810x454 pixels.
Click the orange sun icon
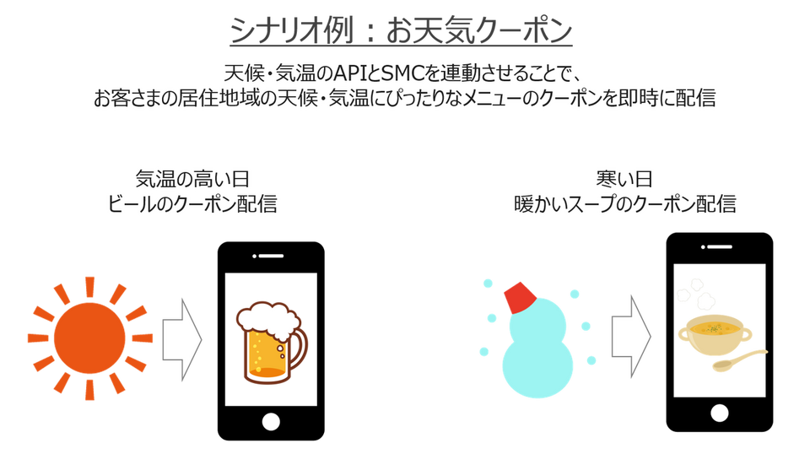pyautogui.click(x=88, y=336)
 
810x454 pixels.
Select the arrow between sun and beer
pyautogui.click(x=183, y=338)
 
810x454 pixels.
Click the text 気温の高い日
pyautogui.click(x=192, y=179)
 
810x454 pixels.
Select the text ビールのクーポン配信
pyautogui.click(x=192, y=203)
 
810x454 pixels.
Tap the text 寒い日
pyautogui.click(x=624, y=179)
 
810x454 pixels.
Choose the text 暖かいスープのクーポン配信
pyautogui.click(x=624, y=203)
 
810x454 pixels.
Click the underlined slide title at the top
pyautogui.click(x=402, y=31)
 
